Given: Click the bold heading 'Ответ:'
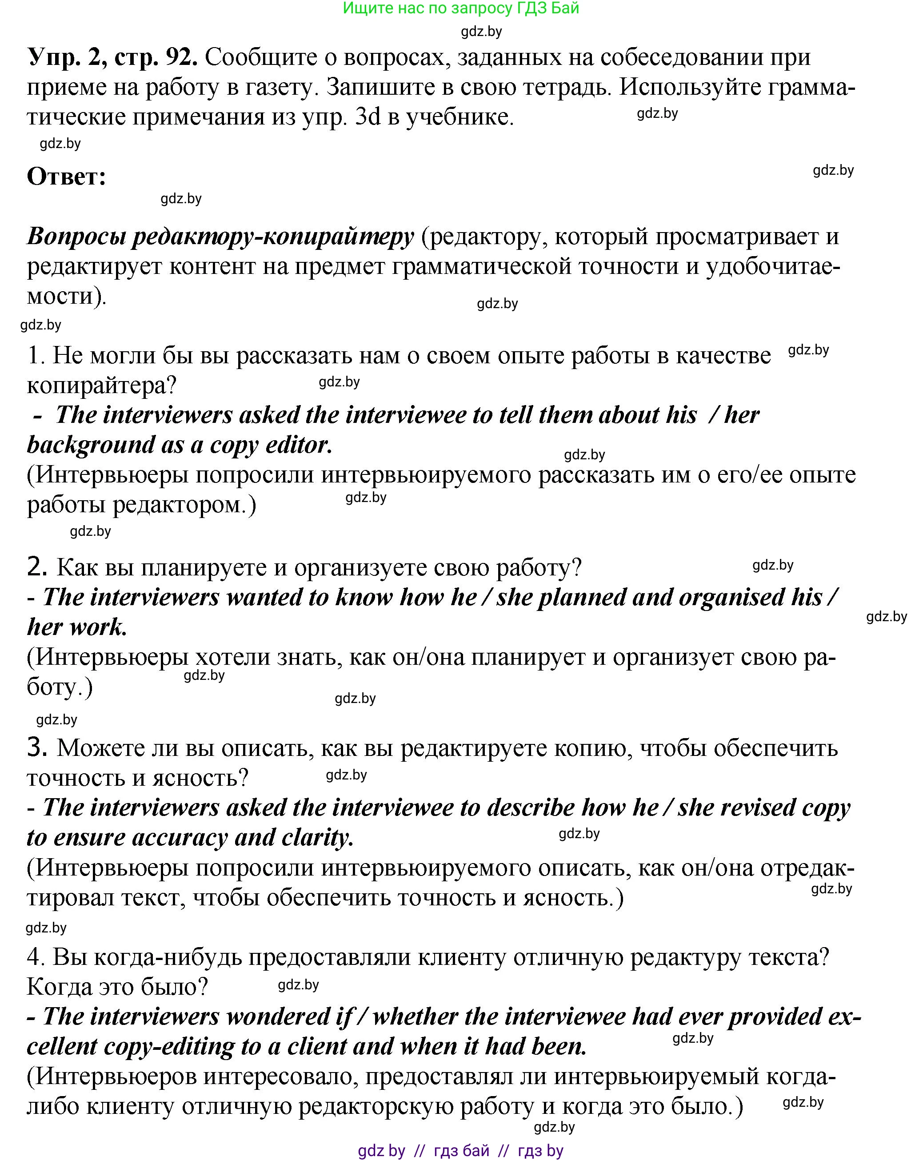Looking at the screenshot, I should pos(66,177).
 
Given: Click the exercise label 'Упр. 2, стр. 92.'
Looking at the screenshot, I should pos(112,57).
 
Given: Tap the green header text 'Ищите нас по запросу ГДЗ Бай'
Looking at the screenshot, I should pos(461,8).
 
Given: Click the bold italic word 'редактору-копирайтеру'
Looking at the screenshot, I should pos(273,237).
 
